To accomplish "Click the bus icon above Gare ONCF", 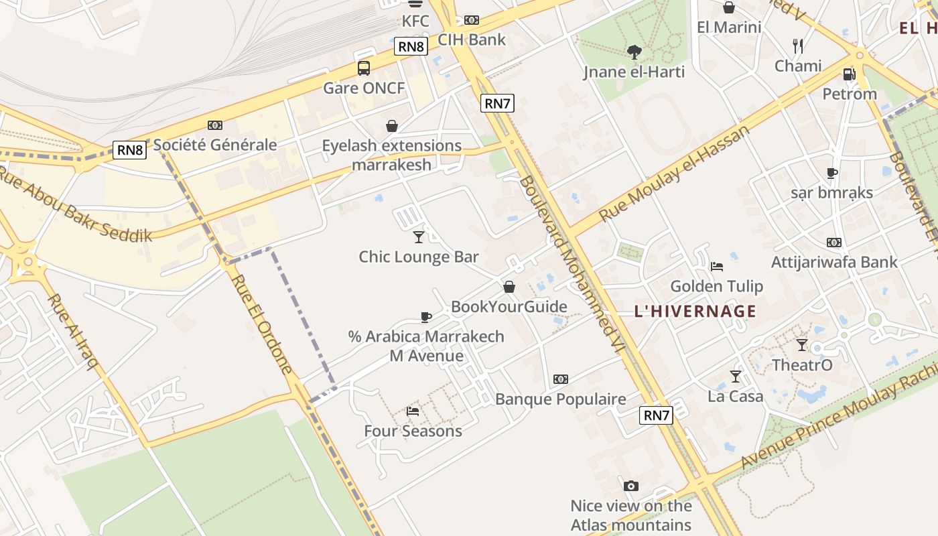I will [363, 68].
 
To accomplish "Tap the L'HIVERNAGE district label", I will [695, 311].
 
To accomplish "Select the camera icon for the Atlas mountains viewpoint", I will [630, 486].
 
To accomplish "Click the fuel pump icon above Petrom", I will [849, 74].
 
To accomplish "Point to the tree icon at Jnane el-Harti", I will [634, 52].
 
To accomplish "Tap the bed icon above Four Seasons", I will [413, 411].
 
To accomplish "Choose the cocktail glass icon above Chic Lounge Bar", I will [419, 237].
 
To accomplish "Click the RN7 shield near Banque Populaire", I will [657, 415].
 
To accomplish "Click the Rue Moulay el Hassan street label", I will [673, 174].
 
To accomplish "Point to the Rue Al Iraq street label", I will [74, 331].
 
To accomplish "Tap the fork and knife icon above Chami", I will [797, 46].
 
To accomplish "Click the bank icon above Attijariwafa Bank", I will [833, 243].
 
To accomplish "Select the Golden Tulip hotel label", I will [716, 286].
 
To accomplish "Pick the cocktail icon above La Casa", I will [735, 376].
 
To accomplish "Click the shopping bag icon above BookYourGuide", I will [509, 287].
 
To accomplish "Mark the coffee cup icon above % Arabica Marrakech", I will [426, 316].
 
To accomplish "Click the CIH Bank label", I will [472, 40].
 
